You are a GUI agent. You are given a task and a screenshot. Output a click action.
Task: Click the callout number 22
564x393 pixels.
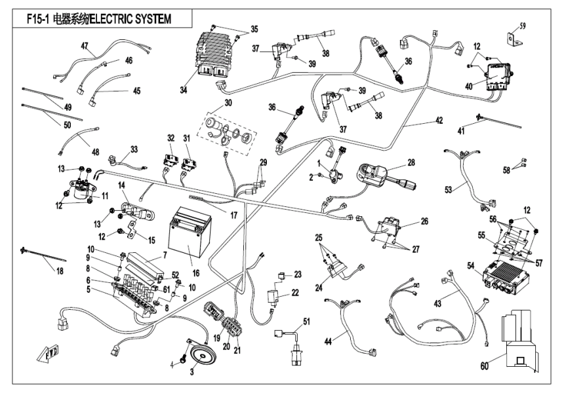pyautogui.click(x=295, y=291)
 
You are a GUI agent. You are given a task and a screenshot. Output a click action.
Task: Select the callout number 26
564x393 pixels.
pyautogui.click(x=424, y=221)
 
